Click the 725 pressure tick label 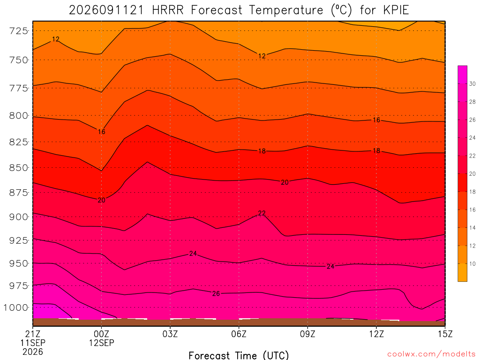point(18,31)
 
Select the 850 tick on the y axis point(18,168)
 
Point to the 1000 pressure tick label point(16,307)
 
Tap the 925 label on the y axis point(18,240)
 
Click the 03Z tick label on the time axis point(170,334)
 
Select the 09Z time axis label point(307,334)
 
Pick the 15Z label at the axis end point(445,334)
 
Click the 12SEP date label point(101,343)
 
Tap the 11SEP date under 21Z point(33,343)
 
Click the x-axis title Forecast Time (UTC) point(239,355)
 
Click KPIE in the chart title point(396,10)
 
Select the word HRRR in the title point(168,10)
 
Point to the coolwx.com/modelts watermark point(431,354)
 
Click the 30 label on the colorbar point(472,84)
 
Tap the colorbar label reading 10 point(472,264)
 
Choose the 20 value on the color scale point(472,174)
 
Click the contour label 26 point(216,293)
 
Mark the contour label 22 point(262,213)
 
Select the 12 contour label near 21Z point(55,39)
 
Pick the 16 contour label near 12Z point(376,120)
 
